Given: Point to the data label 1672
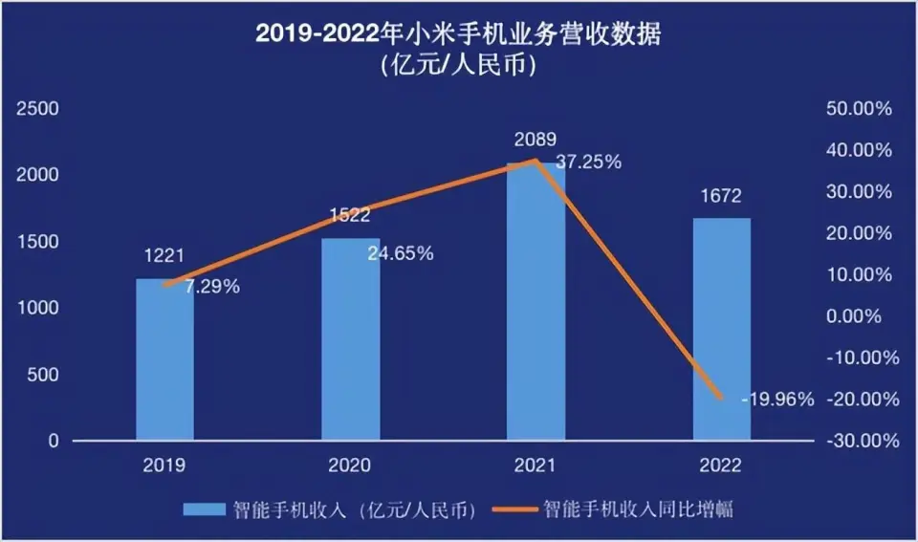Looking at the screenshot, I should pyautogui.click(x=721, y=196).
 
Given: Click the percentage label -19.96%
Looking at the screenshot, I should pyautogui.click(x=777, y=400).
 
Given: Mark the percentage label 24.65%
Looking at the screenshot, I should pyautogui.click(x=401, y=254).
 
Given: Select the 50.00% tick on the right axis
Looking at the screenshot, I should pyautogui.click(x=858, y=109).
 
